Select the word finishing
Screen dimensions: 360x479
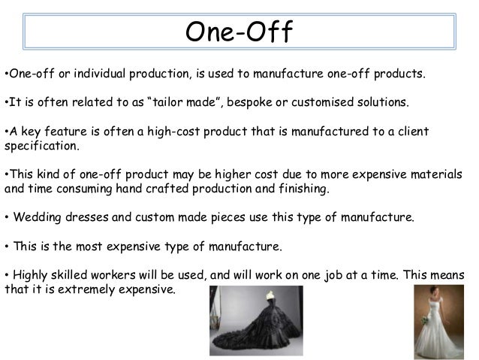(302, 189)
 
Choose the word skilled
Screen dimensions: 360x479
(77, 274)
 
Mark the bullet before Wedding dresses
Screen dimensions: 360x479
(7, 218)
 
